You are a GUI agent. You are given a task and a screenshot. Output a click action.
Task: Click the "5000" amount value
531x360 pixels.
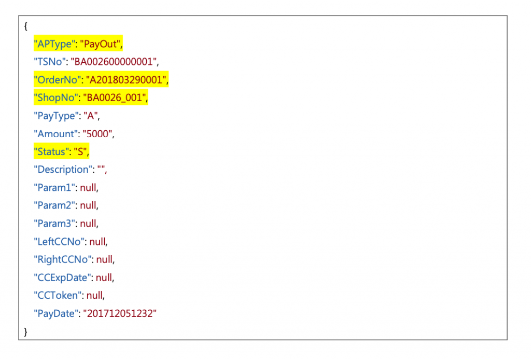point(97,134)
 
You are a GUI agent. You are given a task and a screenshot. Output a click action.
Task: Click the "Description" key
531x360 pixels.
point(62,170)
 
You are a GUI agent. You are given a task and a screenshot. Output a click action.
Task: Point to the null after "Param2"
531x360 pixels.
point(88,205)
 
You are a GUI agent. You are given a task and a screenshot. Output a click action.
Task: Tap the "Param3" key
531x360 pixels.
point(55,224)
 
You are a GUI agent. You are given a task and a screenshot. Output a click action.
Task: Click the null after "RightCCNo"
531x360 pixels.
point(105,259)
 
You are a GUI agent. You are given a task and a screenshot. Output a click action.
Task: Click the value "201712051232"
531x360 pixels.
point(119,313)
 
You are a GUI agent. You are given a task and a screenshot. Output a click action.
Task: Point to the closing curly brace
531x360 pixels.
point(25,331)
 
